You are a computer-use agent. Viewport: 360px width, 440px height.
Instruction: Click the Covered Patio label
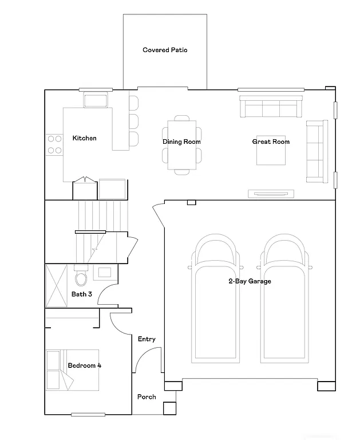(165, 50)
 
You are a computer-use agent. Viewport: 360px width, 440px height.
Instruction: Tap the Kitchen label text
(84, 138)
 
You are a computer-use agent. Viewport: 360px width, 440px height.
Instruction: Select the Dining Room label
(181, 142)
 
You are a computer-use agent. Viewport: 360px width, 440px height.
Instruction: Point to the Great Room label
(271, 142)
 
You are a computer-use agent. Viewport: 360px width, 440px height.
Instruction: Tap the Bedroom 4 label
(84, 365)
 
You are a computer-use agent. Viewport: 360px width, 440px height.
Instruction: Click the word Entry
(147, 339)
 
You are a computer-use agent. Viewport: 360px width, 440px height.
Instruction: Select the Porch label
(147, 396)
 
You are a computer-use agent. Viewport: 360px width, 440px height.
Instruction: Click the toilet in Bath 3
(81, 278)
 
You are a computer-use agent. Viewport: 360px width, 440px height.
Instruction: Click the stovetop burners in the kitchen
(54, 144)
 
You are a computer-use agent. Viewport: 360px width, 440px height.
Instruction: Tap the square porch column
(169, 408)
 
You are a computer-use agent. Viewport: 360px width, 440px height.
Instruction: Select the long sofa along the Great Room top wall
(271, 107)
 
